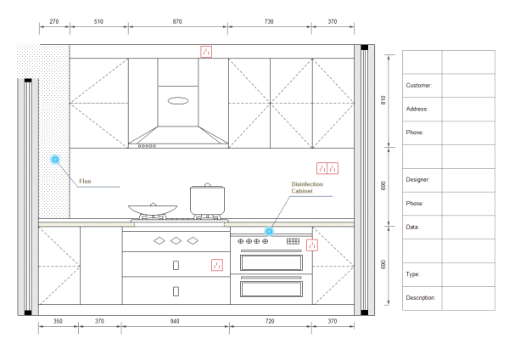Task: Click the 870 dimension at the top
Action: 176,21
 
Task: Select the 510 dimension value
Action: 98,21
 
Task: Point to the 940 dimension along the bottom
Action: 176,321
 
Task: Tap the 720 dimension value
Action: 271,321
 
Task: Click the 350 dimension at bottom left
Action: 58,321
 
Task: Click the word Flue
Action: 85,181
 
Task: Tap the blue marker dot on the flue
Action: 55,160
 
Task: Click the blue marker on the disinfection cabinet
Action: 269,231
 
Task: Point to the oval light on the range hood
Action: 178,101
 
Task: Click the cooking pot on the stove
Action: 205,200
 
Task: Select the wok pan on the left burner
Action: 153,208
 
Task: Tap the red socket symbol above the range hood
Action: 205,52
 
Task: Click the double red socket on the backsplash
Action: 327,168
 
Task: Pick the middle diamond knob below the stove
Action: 176,241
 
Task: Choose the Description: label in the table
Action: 421,298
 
